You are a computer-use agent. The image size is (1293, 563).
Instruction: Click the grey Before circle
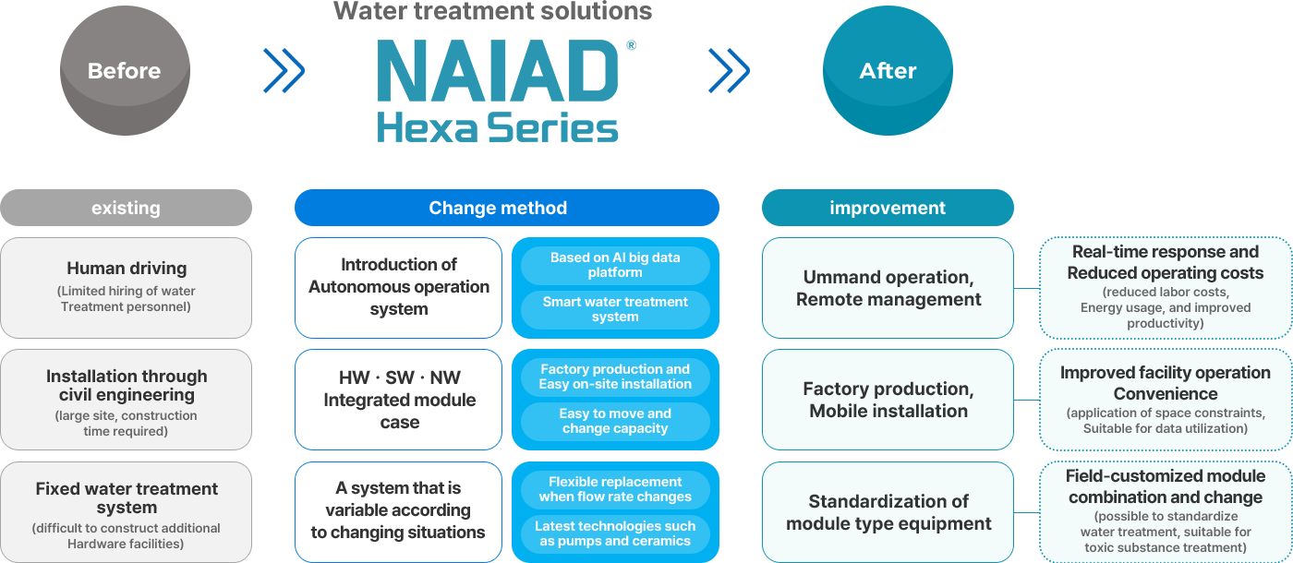(125, 71)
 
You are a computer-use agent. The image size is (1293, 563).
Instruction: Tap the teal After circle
(888, 71)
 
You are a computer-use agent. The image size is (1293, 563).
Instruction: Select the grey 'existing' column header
(126, 208)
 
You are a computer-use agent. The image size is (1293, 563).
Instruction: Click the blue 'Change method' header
(506, 208)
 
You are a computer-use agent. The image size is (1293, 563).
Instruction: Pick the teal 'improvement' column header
(888, 208)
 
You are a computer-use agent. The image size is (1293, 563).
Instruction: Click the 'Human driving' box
(127, 288)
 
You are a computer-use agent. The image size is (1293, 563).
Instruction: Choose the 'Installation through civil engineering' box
(127, 400)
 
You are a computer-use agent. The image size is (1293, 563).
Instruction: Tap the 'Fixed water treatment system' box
(127, 512)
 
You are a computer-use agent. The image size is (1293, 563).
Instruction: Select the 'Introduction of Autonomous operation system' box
(399, 288)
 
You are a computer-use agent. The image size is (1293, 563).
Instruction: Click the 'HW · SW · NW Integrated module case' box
(399, 400)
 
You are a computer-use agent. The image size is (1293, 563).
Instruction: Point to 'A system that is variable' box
(399, 512)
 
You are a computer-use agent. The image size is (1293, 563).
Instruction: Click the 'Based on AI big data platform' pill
(615, 266)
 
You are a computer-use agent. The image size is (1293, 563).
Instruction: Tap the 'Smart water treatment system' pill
(615, 310)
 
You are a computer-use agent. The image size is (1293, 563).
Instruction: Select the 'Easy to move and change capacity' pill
(615, 422)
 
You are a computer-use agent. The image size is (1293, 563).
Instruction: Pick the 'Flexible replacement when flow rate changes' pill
(615, 490)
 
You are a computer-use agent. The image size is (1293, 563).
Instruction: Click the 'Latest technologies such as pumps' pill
(615, 534)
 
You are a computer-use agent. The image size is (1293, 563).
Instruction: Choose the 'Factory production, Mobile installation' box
(888, 400)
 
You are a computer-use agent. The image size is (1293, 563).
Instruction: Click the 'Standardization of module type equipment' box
(888, 512)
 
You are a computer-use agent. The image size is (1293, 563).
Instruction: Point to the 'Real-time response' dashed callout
(1165, 288)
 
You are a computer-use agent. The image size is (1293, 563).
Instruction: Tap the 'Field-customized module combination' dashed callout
(1165, 512)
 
